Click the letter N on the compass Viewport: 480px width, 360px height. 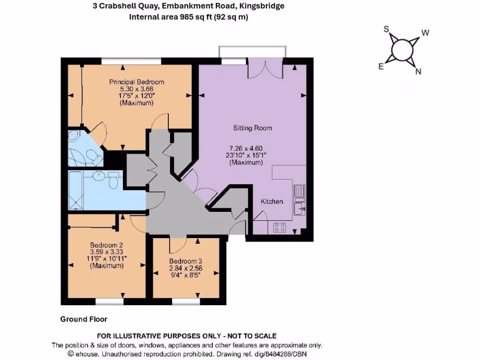419,72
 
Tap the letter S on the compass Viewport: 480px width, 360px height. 387,29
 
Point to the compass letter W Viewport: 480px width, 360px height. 426,33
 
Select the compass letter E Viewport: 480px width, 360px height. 382,67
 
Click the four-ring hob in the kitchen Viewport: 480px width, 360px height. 280,227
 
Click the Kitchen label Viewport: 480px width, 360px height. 272,202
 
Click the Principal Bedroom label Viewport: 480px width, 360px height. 136,82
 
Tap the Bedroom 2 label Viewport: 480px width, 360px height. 106,245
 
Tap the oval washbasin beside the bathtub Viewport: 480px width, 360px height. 99,176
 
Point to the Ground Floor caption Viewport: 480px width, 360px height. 84,319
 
